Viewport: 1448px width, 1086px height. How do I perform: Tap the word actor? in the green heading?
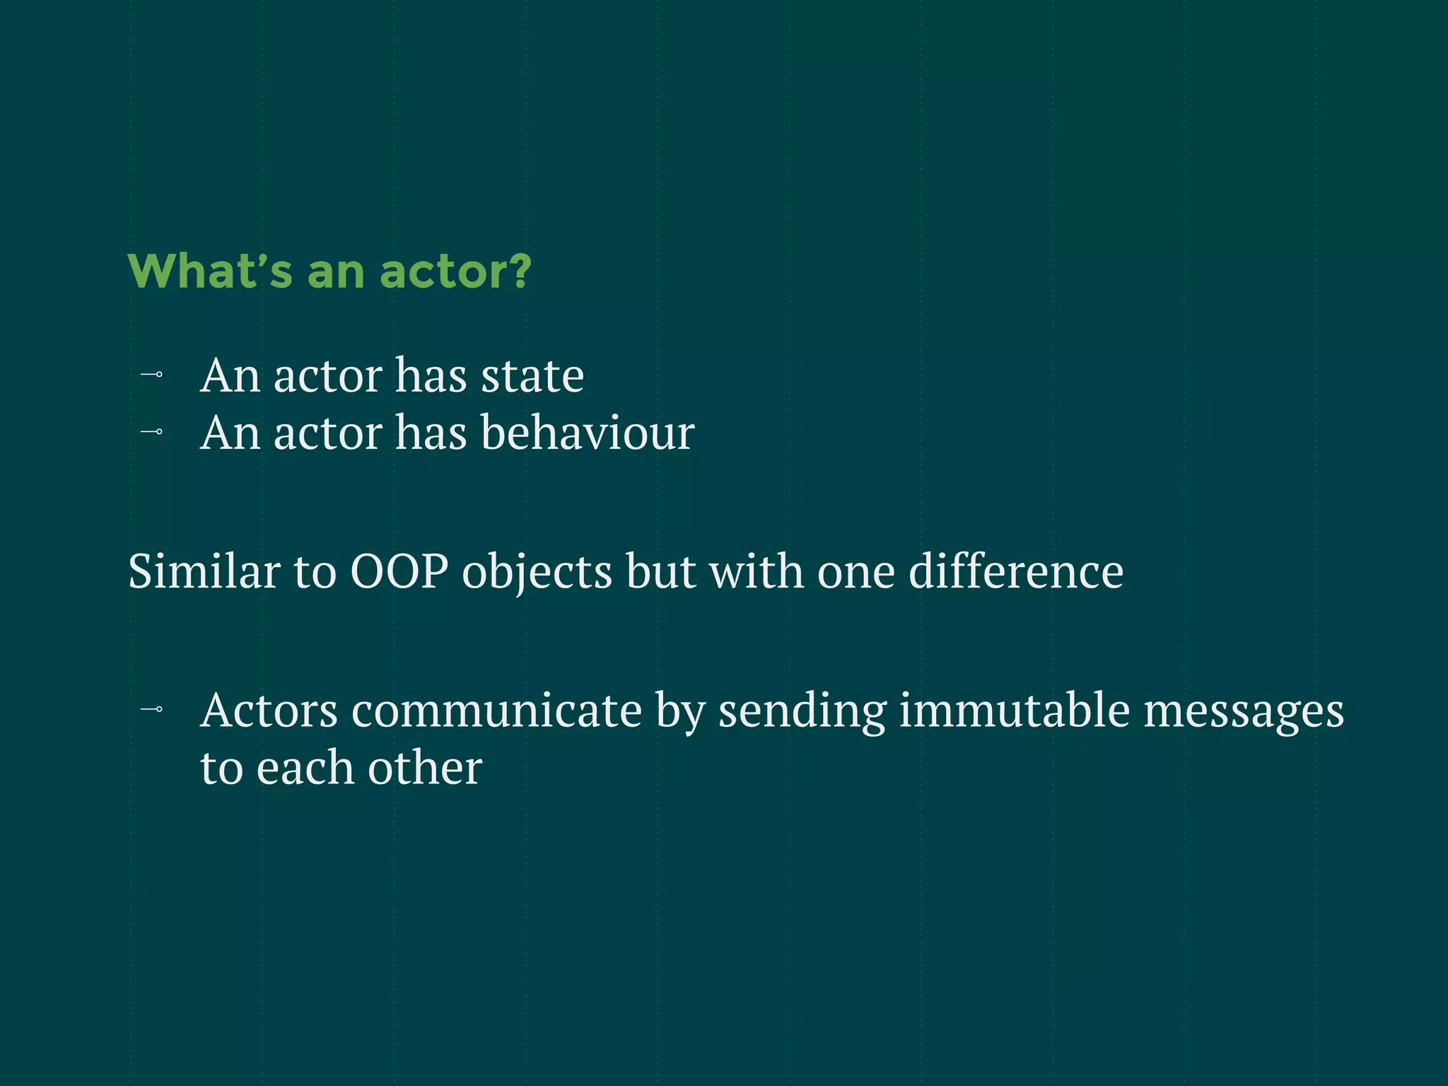(455, 271)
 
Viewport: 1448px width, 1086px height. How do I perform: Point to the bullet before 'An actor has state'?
(152, 375)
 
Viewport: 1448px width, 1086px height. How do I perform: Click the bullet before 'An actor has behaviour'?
(152, 431)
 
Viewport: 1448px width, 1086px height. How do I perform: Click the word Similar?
(204, 571)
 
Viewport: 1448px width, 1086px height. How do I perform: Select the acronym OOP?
(399, 571)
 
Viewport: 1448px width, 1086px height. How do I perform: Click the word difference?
(1015, 571)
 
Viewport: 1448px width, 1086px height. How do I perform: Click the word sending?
(802, 711)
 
